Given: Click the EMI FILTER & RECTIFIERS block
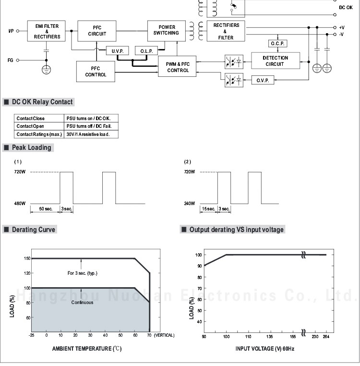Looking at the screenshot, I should (47, 31).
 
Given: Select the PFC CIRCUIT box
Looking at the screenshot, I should (97, 31).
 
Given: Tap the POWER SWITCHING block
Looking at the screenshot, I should (166, 30).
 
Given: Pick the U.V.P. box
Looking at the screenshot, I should (118, 51).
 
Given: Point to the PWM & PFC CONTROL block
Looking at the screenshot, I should (178, 67).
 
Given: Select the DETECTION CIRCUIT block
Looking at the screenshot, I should (276, 61).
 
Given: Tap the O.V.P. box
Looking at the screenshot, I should (263, 80).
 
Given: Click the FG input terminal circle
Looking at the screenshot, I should (18, 60).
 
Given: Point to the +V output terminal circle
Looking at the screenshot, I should (335, 28).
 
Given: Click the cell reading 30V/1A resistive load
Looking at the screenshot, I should (91, 134).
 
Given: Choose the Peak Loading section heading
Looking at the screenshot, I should (31, 147).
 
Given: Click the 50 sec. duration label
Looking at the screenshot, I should (45, 209).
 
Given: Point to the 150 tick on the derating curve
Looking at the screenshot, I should (27, 258).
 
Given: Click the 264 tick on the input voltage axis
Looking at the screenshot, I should (326, 336).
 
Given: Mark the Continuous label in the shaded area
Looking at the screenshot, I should (82, 303).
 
